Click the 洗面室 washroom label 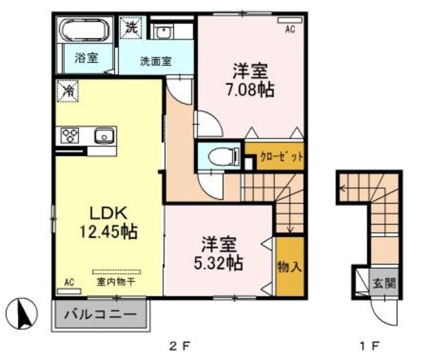coord(155,60)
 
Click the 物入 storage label coord(290,266)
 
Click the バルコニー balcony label coord(100,313)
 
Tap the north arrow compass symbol coord(21,313)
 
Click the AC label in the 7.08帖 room coord(290,29)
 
